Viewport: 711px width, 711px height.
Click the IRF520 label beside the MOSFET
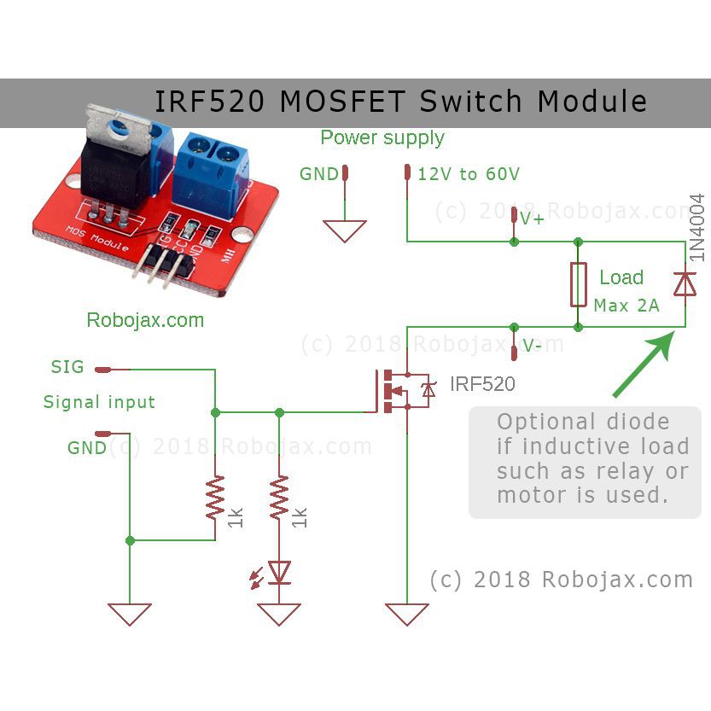(483, 384)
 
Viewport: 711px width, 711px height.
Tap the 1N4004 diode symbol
(685, 284)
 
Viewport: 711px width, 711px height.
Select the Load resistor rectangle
(578, 284)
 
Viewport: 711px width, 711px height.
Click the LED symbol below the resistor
(278, 572)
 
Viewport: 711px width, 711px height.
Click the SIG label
(67, 367)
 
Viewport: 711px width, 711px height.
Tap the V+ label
(532, 219)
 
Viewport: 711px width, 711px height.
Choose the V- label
(533, 347)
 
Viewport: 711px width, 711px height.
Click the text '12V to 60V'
(468, 174)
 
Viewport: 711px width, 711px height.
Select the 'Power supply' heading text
(382, 138)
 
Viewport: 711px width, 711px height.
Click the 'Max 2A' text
(626, 305)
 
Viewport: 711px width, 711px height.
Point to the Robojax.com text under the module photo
(145, 321)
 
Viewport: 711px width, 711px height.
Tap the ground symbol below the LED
(279, 614)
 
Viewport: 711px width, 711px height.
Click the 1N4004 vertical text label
(697, 227)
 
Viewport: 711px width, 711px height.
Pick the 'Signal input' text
(99, 402)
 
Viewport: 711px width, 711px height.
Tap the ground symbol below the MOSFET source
(406, 614)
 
